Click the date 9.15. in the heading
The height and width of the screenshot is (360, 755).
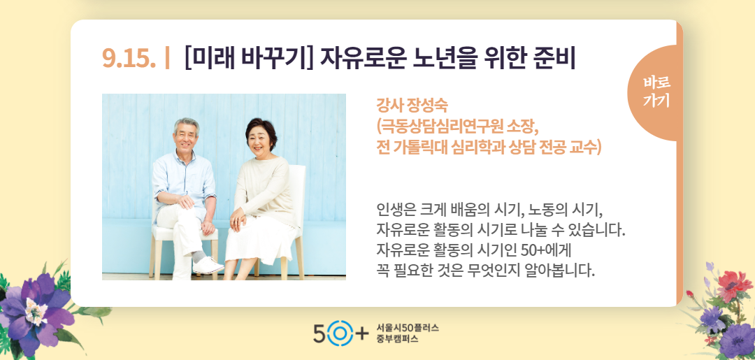click(129, 58)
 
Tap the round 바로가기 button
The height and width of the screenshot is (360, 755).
click(655, 92)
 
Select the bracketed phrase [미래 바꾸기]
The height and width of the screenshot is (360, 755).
click(248, 58)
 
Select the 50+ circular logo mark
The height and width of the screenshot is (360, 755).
click(340, 333)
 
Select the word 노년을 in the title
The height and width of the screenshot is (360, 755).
click(443, 57)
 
